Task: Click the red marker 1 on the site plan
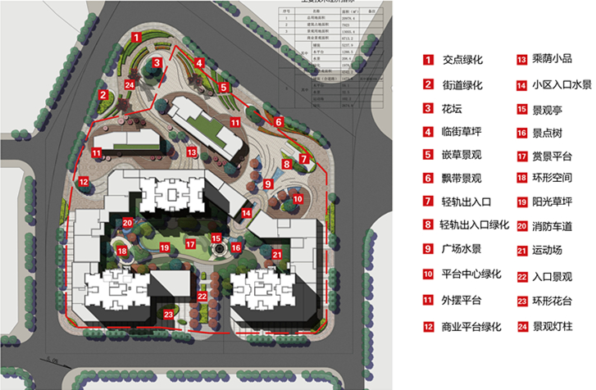pos(138,37)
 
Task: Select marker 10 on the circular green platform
pos(297,198)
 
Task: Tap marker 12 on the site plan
pos(83,181)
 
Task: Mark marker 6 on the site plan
pos(279,122)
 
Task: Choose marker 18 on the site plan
pos(121,252)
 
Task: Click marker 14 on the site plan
pos(246,213)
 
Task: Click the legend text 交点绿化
pos(463,60)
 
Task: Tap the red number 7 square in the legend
pos(427,202)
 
